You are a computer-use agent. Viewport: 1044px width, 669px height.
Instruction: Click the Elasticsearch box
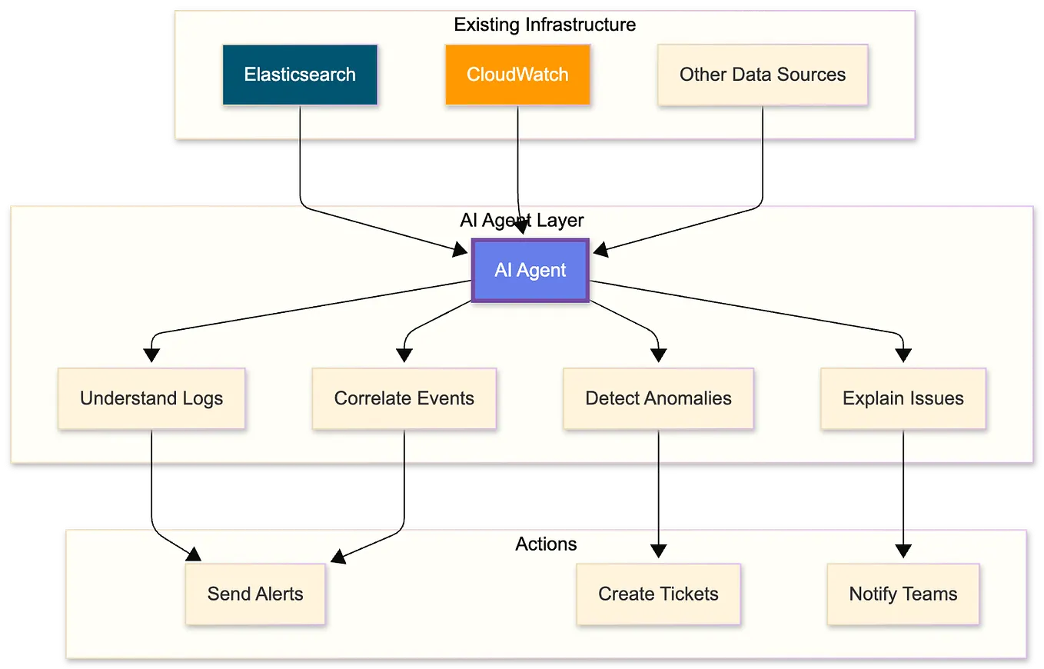[300, 75]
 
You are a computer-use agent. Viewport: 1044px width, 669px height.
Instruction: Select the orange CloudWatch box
[517, 75]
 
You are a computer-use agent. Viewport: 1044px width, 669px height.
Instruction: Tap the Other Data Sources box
[762, 75]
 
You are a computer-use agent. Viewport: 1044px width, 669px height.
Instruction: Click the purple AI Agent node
[530, 271]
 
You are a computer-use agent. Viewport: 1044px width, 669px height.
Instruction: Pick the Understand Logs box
[151, 398]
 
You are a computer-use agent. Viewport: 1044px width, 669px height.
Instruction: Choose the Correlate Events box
[404, 398]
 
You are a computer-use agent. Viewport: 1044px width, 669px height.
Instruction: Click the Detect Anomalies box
[658, 398]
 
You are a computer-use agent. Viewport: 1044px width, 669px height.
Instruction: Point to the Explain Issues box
[903, 398]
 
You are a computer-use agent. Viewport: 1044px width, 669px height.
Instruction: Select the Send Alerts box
[255, 594]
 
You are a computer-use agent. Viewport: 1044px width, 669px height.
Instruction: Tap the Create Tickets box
[658, 594]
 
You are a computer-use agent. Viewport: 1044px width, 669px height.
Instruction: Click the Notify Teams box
[903, 594]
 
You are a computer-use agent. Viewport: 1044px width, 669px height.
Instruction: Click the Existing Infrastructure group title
[544, 25]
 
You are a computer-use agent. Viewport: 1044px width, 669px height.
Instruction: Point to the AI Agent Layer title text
[522, 221]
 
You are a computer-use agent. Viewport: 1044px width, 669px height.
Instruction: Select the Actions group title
[546, 544]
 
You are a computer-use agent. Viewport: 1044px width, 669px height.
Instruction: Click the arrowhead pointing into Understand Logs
[151, 354]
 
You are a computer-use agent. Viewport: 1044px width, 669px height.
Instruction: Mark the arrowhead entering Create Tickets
[658, 551]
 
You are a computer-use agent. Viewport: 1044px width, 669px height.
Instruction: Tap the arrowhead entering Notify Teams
[903, 551]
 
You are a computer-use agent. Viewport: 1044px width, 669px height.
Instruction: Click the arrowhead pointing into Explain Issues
[903, 354]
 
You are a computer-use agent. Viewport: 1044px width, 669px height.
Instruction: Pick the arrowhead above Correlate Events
[404, 354]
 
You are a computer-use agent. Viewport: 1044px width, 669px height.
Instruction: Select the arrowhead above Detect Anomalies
[658, 354]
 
